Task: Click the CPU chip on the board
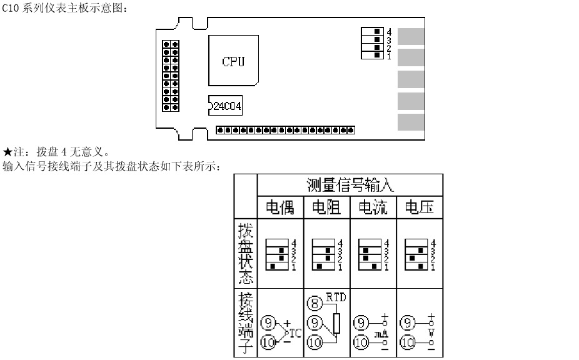[233, 61]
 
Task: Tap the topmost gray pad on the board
[411, 36]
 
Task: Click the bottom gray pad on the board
[411, 122]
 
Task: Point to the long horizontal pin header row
[286, 131]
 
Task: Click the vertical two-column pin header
[171, 76]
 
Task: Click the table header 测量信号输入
[350, 185]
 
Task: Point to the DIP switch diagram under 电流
[370, 254]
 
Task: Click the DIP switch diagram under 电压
[416, 254]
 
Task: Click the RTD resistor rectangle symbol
[337, 323]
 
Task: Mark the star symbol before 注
[8, 152]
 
